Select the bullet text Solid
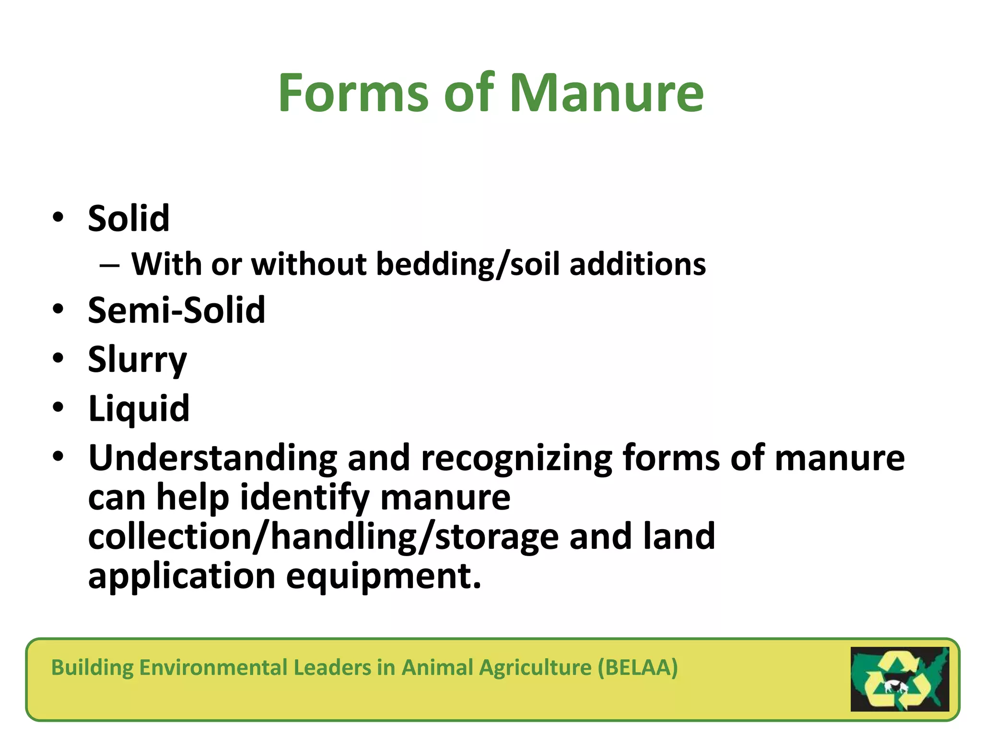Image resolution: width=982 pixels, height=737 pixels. point(129,219)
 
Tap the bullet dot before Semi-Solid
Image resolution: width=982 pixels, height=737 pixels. point(58,309)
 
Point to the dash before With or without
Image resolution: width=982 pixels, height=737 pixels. point(109,265)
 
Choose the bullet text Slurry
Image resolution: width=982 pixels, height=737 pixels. point(137,360)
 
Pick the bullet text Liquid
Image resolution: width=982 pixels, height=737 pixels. point(139,409)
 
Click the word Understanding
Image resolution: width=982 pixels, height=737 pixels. point(213,458)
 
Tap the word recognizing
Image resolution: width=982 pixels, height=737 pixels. point(516,458)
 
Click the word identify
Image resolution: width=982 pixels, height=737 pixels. point(304,498)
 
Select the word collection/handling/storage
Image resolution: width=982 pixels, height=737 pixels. point(323,536)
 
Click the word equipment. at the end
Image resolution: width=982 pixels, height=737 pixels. point(383,576)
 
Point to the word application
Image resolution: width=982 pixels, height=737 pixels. point(182,576)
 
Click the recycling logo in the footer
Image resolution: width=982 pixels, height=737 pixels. point(900,679)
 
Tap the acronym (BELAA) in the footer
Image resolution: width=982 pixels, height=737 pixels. point(638,667)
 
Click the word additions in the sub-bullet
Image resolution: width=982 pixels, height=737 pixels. point(637,264)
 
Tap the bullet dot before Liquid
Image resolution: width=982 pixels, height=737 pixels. point(58,408)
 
